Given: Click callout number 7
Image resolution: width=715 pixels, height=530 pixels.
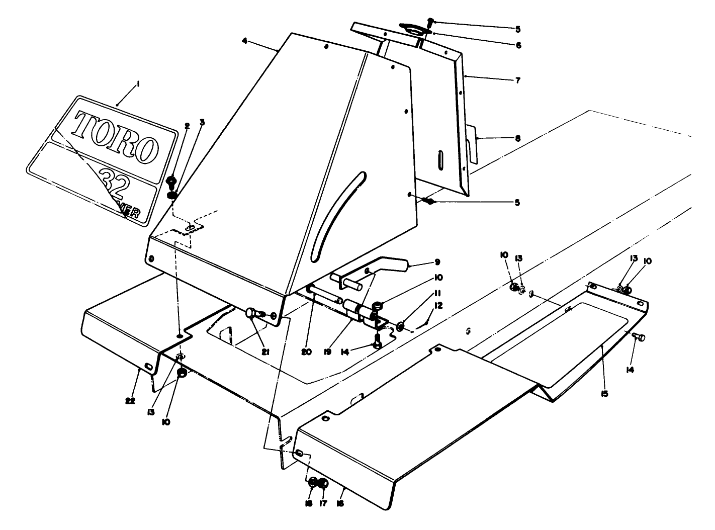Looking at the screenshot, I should (518, 80).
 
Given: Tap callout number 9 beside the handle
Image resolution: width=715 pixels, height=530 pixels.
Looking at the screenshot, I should (437, 262).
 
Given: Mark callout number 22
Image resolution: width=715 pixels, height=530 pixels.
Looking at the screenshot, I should (130, 401).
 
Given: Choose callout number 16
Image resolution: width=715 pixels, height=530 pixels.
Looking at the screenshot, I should (340, 503).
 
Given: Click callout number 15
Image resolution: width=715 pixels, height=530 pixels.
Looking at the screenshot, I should (604, 393).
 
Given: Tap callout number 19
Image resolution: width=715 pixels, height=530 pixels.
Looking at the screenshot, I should (327, 352).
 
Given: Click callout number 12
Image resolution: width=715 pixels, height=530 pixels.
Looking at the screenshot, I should (438, 305).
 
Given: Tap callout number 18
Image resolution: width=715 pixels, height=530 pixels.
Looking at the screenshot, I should (309, 503).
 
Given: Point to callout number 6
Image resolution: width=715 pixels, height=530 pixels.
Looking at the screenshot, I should (518, 45).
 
